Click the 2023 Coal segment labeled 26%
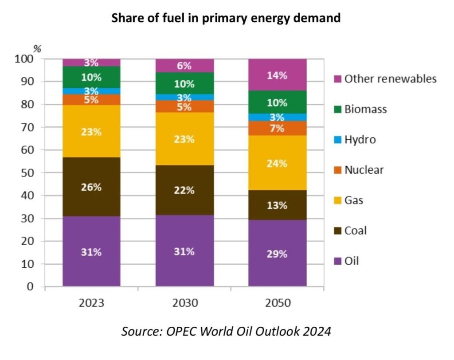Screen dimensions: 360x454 click(x=91, y=187)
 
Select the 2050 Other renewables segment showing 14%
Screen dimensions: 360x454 click(x=278, y=75)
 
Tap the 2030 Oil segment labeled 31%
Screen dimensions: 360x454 click(x=184, y=251)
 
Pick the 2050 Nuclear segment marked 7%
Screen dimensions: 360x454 click(x=278, y=129)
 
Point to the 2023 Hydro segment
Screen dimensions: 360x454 click(x=91, y=91)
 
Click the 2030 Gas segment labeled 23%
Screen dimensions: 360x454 click(x=184, y=139)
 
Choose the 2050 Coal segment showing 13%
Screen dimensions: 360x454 click(x=278, y=206)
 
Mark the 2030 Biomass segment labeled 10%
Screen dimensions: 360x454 click(x=184, y=84)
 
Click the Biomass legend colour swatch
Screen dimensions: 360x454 click(x=337, y=110)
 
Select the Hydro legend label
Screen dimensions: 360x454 click(x=360, y=140)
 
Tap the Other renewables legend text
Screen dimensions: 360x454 click(x=390, y=79)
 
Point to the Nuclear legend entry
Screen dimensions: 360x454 click(x=364, y=170)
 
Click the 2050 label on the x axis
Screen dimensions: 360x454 click(x=278, y=304)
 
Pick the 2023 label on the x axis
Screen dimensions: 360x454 click(x=91, y=304)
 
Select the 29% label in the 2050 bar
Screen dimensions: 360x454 click(x=278, y=254)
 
